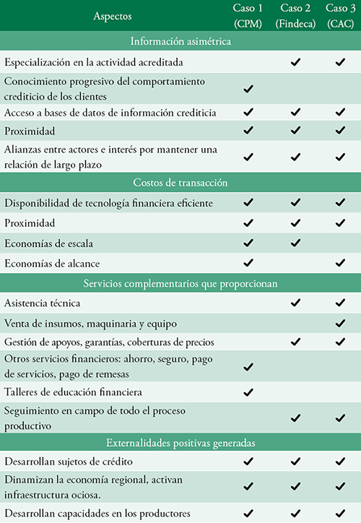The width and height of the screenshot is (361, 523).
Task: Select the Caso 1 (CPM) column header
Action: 249,15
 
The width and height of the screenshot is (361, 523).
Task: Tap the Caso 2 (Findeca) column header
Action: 295,15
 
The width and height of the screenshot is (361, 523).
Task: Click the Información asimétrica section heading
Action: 180,41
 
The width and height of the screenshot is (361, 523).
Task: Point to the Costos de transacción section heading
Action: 180,183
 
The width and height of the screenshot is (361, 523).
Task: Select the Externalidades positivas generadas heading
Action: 180,440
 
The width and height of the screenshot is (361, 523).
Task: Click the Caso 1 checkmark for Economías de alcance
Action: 249,263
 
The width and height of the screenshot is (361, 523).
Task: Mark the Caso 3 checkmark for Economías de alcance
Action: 339,263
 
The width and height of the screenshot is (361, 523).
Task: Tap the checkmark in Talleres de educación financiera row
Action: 249,392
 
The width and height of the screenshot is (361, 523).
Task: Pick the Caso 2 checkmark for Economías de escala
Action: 295,243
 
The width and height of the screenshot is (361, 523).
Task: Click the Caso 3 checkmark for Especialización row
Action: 339,63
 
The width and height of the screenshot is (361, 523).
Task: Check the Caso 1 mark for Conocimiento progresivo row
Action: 249,88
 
